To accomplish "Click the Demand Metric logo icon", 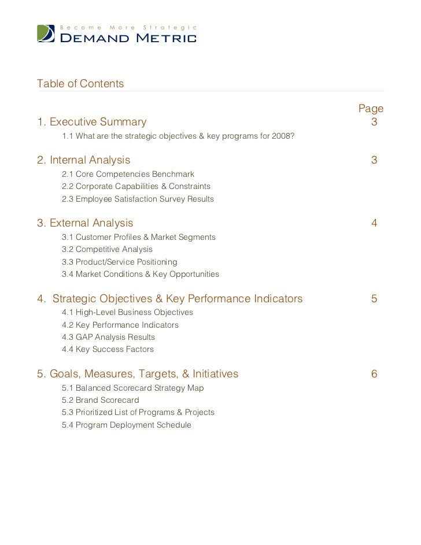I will (x=47, y=34).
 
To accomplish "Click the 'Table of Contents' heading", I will (x=80, y=84).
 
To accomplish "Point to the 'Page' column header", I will (x=371, y=109).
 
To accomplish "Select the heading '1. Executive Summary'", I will (x=92, y=122).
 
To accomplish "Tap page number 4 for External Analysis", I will (x=374, y=223).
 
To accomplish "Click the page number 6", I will (x=374, y=374).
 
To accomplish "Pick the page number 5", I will (x=374, y=299).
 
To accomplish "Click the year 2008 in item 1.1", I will (x=284, y=136).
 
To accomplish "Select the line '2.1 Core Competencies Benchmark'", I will (x=128, y=174).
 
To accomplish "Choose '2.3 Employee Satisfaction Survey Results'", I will (x=138, y=199).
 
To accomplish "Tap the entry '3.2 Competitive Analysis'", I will (x=107, y=250).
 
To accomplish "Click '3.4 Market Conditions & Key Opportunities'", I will (x=140, y=275).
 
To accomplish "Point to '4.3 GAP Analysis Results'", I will (x=108, y=337).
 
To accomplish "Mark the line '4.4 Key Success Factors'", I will (x=108, y=350).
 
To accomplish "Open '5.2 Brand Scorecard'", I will (x=100, y=400).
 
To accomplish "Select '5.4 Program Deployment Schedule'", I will (x=126, y=425).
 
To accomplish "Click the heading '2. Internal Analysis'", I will (x=84, y=160).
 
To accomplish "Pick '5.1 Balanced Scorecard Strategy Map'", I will (x=132, y=388).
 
